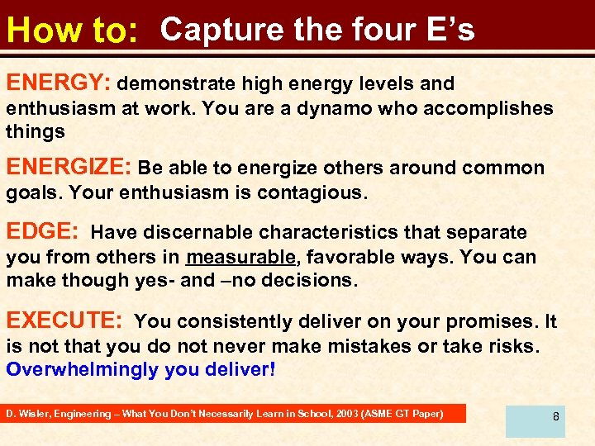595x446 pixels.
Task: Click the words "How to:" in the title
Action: point(70,32)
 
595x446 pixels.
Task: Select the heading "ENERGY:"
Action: point(59,83)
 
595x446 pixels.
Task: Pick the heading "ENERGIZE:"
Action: point(69,168)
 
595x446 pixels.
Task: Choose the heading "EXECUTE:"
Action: point(65,320)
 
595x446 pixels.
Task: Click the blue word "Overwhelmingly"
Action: point(83,368)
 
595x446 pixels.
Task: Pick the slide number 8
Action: point(556,416)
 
